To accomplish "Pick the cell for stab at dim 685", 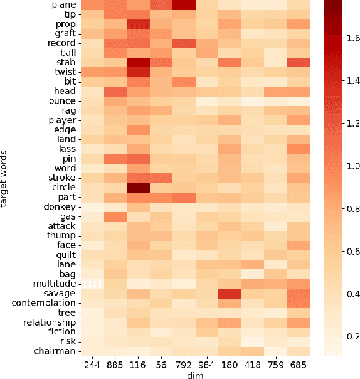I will point(300,63).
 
